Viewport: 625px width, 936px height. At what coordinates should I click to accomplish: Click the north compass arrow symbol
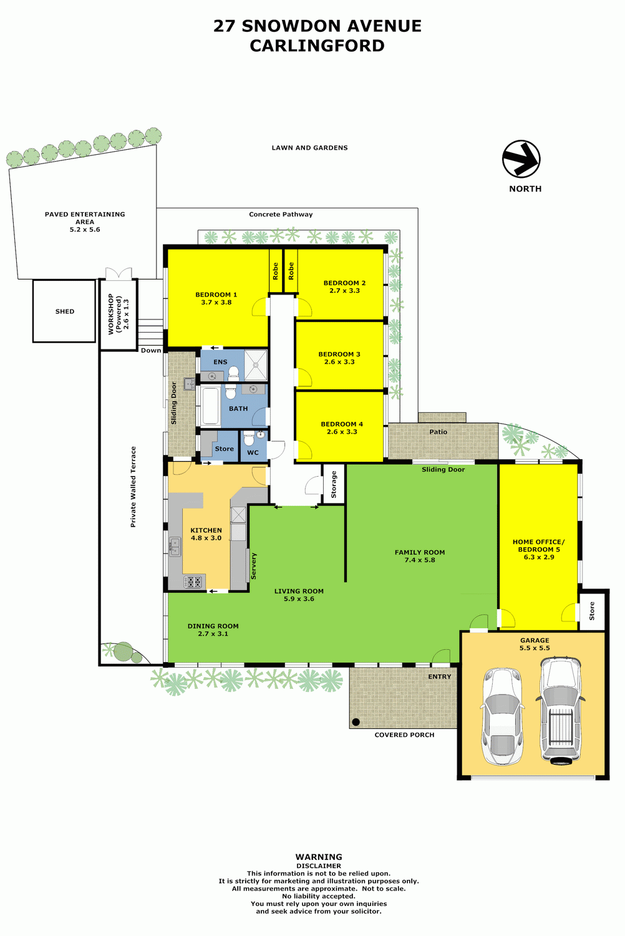tap(521, 159)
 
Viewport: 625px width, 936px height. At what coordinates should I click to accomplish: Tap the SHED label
tap(65, 311)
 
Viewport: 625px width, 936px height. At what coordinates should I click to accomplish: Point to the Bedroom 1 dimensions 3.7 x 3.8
tap(216, 302)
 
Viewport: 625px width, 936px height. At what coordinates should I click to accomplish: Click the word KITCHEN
tap(206, 530)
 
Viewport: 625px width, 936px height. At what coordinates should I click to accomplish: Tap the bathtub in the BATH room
tap(210, 406)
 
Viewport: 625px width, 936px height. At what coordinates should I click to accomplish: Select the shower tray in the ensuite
tap(255, 365)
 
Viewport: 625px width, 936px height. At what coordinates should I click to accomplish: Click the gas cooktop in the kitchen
tap(193, 581)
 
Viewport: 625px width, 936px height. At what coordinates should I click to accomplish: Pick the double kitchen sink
tap(175, 547)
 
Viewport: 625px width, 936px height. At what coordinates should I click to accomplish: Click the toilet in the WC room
tap(249, 437)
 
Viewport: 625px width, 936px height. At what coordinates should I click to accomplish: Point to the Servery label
tap(253, 566)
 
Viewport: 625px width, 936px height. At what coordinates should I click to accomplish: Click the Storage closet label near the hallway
tap(333, 484)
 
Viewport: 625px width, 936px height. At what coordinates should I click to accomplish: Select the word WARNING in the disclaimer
tap(319, 857)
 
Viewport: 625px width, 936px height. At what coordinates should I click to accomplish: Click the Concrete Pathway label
tap(281, 215)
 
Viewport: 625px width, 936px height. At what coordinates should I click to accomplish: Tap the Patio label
tap(438, 432)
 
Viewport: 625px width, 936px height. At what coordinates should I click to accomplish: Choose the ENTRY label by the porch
tap(440, 676)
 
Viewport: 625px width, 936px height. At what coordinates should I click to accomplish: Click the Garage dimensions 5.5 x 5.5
tap(535, 648)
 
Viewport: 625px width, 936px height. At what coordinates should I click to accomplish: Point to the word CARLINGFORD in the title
tap(317, 46)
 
